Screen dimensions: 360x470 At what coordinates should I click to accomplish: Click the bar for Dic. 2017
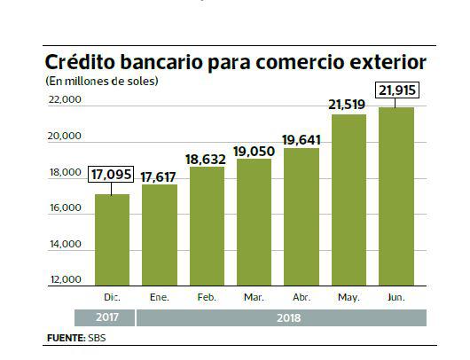(x=112, y=239)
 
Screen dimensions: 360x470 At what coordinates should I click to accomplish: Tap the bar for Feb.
(x=207, y=226)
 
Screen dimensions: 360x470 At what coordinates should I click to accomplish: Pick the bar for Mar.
(x=255, y=222)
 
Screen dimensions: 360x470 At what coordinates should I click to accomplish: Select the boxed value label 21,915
(x=396, y=90)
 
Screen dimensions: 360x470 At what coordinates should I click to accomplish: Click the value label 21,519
(x=349, y=106)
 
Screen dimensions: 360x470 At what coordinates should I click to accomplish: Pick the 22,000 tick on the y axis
(x=66, y=100)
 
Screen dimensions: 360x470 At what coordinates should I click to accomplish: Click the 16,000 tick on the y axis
(x=66, y=208)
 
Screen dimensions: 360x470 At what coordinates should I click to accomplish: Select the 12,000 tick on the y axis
(x=66, y=280)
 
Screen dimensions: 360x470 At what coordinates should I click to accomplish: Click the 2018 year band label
(x=281, y=317)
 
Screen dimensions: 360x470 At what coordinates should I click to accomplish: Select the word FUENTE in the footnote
(x=64, y=339)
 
